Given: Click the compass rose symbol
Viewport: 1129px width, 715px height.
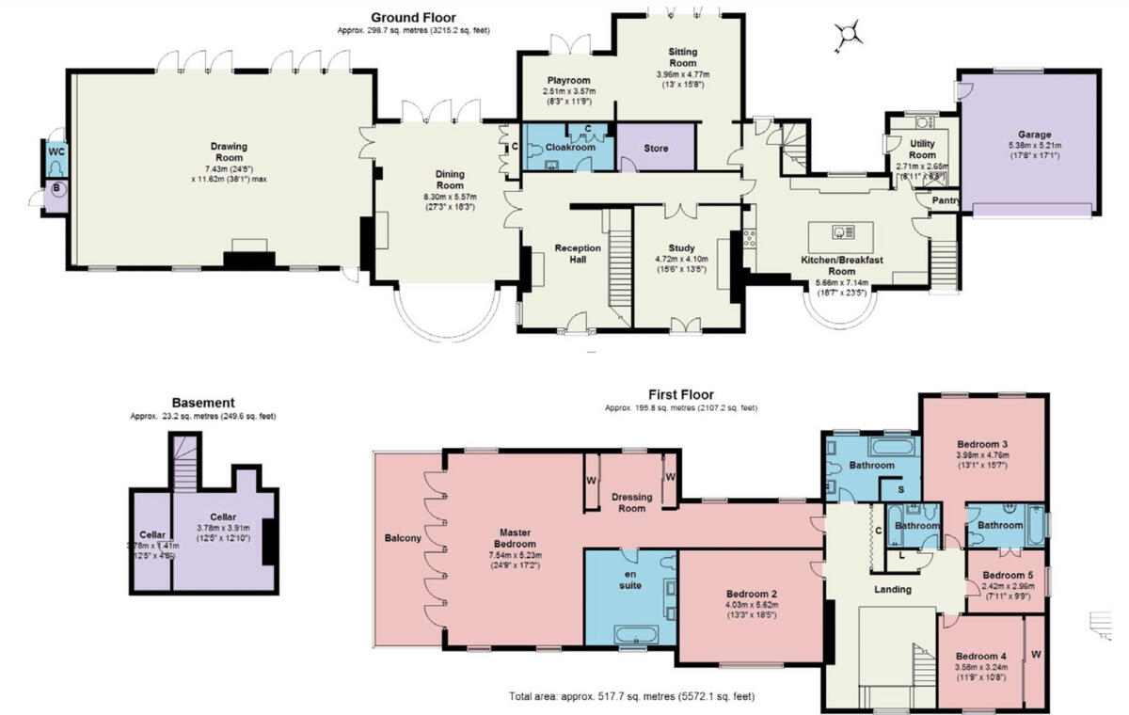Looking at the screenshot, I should pos(851,34).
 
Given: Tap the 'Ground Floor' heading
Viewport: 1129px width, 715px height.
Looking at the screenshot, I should pos(413,17).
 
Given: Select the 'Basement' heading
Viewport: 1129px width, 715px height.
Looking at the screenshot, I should pos(203,402).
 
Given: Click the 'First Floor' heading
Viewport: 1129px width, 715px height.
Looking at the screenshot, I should pos(680,395).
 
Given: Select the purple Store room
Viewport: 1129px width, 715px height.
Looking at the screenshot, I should pos(656,149).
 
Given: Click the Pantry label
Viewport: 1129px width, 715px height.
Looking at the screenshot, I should pos(944,200).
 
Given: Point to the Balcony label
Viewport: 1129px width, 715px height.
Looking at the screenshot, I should pos(403,539).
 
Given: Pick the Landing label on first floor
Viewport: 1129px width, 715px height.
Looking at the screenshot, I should pos(892,590).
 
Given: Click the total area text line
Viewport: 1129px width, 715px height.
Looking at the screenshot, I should pos(631,697).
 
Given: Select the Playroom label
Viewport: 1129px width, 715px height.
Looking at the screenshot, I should pos(567,82).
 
